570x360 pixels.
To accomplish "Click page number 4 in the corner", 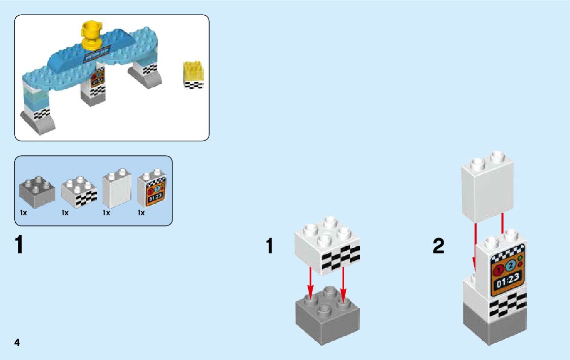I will (x=17, y=342).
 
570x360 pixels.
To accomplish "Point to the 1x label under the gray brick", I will (x=23, y=213).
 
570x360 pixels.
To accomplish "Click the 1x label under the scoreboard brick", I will (x=141, y=213).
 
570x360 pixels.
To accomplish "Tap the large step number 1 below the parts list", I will (x=19, y=245).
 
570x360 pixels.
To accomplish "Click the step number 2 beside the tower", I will (x=438, y=247).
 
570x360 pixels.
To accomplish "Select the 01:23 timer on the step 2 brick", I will (x=507, y=280).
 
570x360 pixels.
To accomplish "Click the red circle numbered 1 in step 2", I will (x=499, y=268).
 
